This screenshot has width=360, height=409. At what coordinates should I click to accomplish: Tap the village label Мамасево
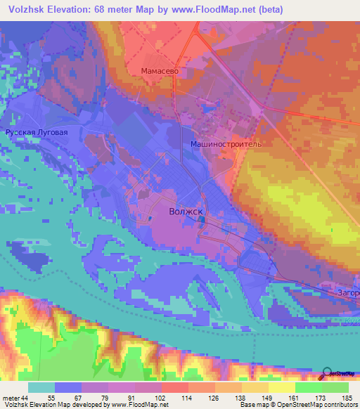[x=162, y=71]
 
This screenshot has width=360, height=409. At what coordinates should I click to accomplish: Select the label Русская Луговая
[x=36, y=132]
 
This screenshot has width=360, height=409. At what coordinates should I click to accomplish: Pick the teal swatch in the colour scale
[x=41, y=387]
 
